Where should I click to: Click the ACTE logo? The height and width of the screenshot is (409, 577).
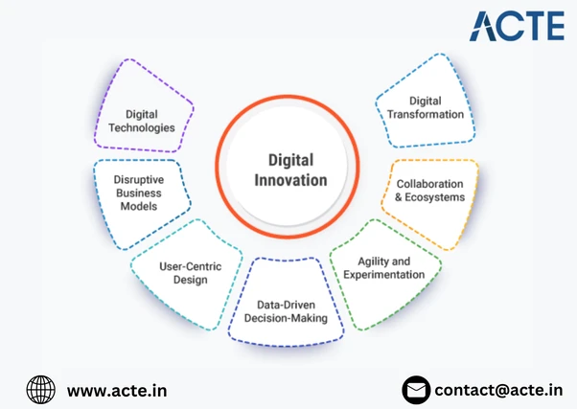pyautogui.click(x=515, y=26)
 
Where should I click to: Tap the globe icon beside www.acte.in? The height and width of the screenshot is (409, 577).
pyautogui.click(x=41, y=390)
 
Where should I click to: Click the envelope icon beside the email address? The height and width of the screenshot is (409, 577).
pyautogui.click(x=415, y=390)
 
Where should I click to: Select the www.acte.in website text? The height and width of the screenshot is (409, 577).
pyautogui.click(x=110, y=390)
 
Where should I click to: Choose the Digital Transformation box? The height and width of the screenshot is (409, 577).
pyautogui.click(x=426, y=106)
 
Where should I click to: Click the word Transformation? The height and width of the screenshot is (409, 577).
pyautogui.click(x=426, y=114)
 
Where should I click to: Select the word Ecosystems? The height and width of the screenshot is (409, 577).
pyautogui.click(x=433, y=197)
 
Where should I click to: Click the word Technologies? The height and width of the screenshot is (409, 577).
pyautogui.click(x=142, y=126)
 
